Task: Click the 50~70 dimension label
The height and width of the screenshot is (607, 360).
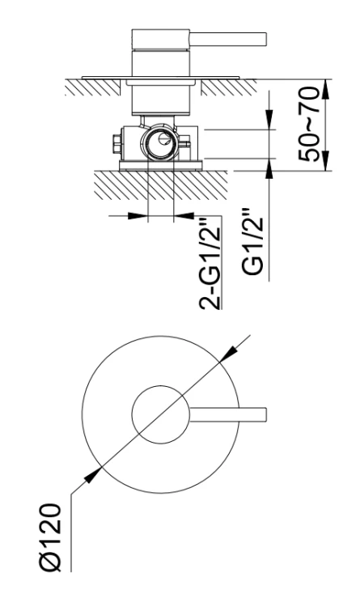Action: coord(309,125)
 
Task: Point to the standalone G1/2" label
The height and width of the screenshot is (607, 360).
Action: coord(252,243)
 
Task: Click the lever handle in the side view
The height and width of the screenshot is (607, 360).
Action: coord(228,39)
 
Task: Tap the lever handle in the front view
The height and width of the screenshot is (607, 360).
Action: coord(228,414)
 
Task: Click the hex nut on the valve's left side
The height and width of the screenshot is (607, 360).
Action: coord(116,144)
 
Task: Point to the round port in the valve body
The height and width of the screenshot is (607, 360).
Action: coord(160,142)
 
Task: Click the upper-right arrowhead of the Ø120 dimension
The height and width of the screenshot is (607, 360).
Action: coord(228,354)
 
